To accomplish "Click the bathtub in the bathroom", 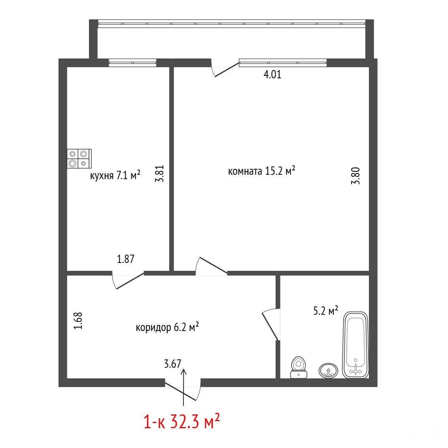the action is (x=355, y=345).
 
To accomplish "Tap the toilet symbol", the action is (x=299, y=367).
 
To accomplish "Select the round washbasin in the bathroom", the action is (x=328, y=370).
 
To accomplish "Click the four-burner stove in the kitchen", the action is (x=79, y=159).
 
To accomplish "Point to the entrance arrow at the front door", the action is (x=183, y=387).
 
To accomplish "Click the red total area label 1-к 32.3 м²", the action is (x=181, y=422).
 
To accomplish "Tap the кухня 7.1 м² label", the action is (x=115, y=175).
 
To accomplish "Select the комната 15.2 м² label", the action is (x=261, y=171).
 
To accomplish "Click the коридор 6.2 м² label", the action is (x=167, y=327).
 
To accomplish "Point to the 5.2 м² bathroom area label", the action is (x=326, y=310).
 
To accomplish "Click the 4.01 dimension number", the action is (x=272, y=74).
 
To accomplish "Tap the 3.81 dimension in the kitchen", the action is (x=159, y=174).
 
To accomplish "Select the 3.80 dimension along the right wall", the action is (x=355, y=176).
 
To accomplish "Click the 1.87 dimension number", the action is (x=125, y=259).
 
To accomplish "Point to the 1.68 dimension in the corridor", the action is (x=78, y=320).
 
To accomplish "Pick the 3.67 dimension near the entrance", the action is (x=172, y=364).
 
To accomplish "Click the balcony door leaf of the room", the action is (x=227, y=70).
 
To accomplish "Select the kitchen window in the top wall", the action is (x=132, y=62).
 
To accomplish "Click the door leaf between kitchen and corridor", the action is (x=130, y=281).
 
